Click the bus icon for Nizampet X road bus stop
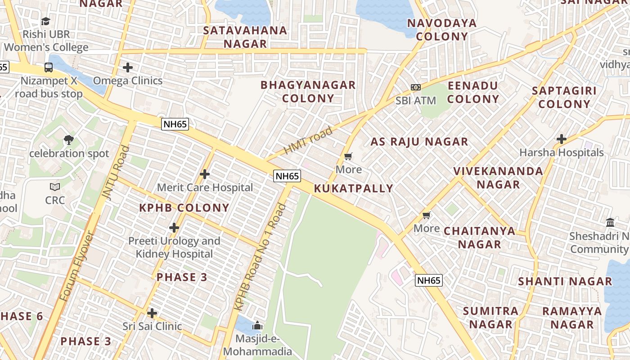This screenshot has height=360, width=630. point(49,67)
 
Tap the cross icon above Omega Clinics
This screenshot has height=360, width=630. point(128,67)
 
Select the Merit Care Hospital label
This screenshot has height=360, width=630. point(205,187)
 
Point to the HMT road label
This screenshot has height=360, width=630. point(308,140)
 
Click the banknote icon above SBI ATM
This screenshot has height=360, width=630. point(416,87)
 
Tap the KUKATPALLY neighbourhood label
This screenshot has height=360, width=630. point(353,189)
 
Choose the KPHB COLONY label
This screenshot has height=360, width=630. point(184,208)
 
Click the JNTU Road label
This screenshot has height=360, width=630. point(112,172)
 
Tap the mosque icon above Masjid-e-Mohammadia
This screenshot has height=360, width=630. point(257,325)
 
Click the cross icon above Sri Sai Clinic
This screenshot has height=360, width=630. point(152,313)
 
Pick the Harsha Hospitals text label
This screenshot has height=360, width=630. point(561,153)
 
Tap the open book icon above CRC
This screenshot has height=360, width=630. point(55,187)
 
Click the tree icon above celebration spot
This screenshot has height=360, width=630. point(69,140)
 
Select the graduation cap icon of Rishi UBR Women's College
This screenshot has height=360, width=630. point(45,21)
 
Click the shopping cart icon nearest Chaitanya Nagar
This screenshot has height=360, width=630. point(427,215)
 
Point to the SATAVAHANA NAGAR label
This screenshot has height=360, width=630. point(245,37)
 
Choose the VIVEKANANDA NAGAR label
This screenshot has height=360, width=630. point(498,178)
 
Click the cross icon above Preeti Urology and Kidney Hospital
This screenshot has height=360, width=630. point(174,228)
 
